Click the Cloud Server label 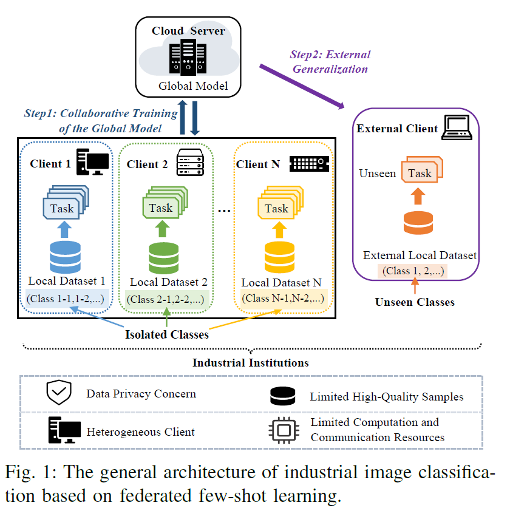tap(188, 31)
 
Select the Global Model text tap(193, 86)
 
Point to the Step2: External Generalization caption tap(330, 62)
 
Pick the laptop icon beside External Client tap(457, 128)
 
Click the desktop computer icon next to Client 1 tap(92, 163)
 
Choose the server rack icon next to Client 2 tap(189, 163)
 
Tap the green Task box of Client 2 tap(160, 208)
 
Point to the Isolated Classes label tap(166, 334)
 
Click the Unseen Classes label tap(415, 302)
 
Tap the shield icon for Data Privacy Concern tap(59, 394)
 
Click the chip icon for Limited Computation tap(282, 430)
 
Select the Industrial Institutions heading tap(251, 363)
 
